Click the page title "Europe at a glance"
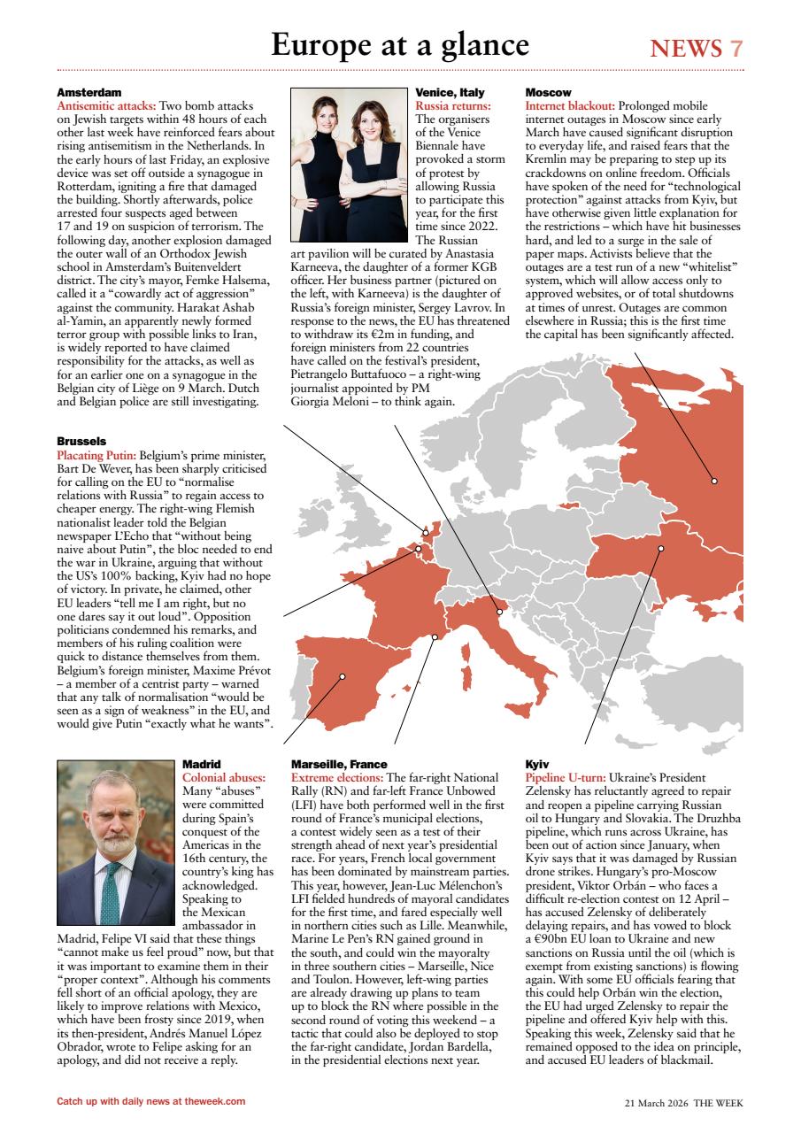point(400,44)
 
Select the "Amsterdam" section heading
point(89,92)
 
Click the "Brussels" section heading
point(81,441)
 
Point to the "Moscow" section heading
point(548,92)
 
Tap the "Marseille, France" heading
point(339,763)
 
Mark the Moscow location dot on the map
point(714,482)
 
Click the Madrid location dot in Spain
point(343,677)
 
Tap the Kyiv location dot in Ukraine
point(661,549)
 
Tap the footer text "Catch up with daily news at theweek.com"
point(150,1102)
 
